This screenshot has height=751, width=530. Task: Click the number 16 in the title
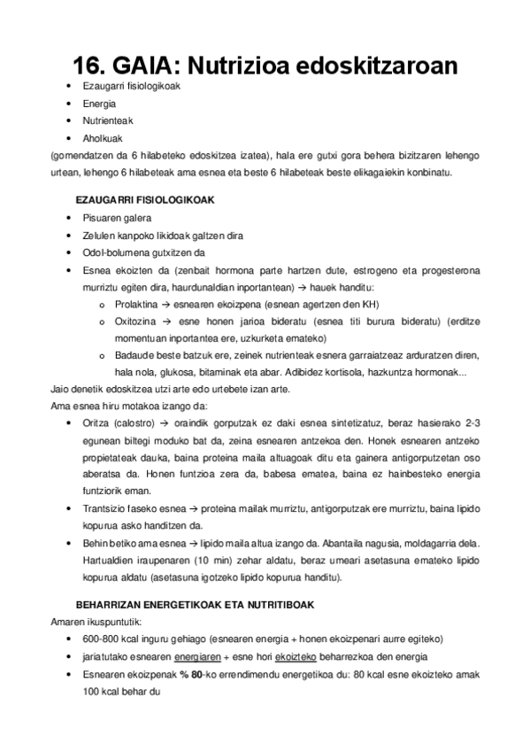pos(89,66)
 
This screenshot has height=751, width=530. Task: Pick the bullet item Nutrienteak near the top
pos(107,121)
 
